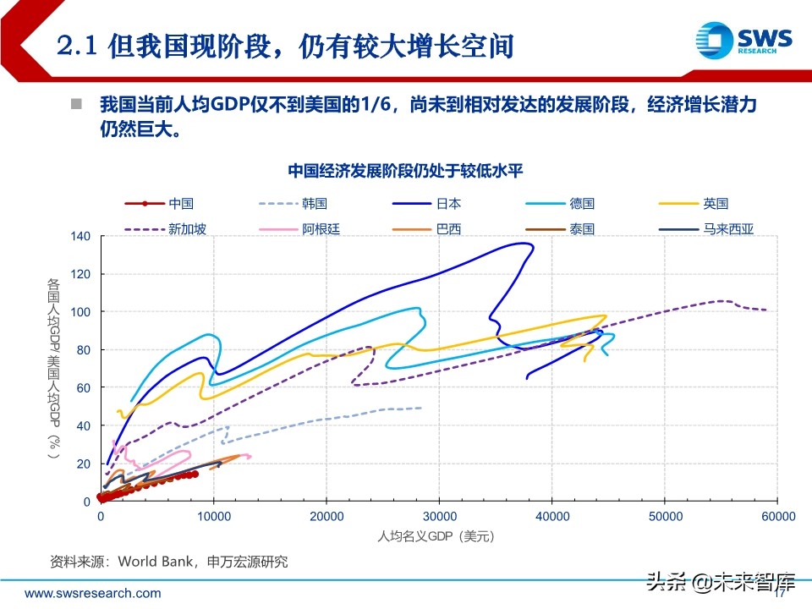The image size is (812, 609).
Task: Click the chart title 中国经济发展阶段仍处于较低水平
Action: [x=406, y=171]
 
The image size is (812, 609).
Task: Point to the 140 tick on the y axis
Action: [x=80, y=236]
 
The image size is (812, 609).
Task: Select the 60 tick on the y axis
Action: [x=83, y=387]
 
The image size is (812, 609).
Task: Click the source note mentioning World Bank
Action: [x=169, y=562]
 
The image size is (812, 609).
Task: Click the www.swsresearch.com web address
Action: [x=92, y=593]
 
